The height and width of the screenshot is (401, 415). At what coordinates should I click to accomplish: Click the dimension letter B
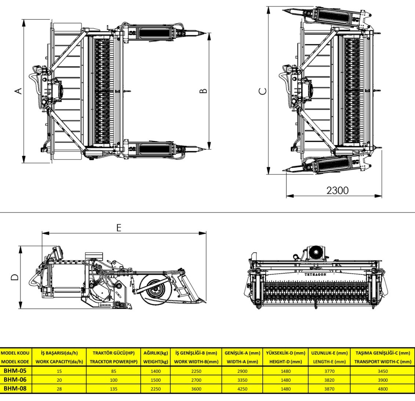[x=204, y=91]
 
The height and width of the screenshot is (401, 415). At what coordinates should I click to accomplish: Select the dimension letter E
[x=119, y=228]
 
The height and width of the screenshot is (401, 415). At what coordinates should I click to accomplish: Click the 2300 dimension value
[x=338, y=190]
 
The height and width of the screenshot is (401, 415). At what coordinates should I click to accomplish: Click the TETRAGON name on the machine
[x=315, y=274]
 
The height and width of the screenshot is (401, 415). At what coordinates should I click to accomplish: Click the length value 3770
[x=329, y=371]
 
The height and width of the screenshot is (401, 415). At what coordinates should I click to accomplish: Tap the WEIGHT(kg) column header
[x=156, y=362]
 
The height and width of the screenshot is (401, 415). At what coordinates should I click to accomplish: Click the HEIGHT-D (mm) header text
[x=285, y=362]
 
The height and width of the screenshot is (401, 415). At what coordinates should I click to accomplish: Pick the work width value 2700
[x=196, y=379]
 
